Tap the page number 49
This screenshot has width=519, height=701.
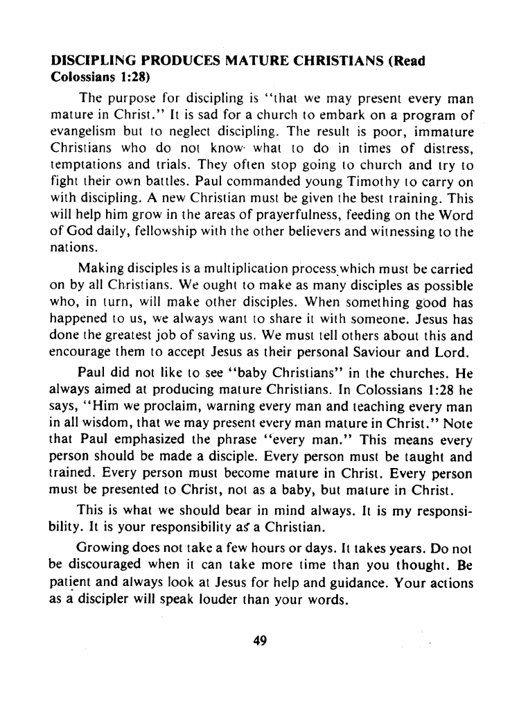tap(260, 640)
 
